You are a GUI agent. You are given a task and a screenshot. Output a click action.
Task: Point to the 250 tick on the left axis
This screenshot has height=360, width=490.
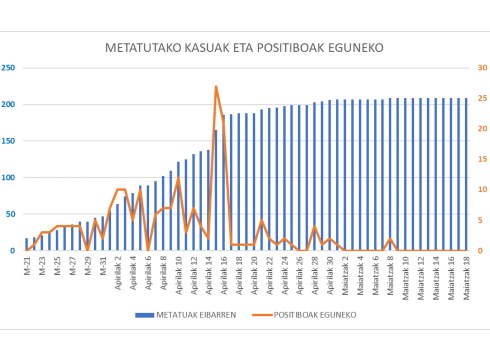[x=8, y=68]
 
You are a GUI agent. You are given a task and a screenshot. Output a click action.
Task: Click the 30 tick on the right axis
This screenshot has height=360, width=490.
[x=481, y=68]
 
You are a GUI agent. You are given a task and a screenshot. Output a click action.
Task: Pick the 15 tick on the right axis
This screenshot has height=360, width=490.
[x=481, y=159]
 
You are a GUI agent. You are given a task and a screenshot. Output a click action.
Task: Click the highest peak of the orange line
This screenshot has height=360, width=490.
[x=216, y=87]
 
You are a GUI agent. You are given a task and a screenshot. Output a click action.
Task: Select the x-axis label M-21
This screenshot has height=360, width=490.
[x=27, y=267]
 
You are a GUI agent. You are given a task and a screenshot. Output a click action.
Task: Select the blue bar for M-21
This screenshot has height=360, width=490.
[x=27, y=244]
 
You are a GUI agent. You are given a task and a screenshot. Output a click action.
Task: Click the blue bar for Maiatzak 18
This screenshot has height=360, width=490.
[x=466, y=174]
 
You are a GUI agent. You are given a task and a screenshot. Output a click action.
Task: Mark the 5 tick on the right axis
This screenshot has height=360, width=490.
[x=481, y=220]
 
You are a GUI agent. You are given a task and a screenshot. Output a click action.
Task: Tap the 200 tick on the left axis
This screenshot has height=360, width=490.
[x=8, y=105]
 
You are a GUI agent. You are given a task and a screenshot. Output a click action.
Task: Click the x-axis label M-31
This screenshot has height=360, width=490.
[x=103, y=267]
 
